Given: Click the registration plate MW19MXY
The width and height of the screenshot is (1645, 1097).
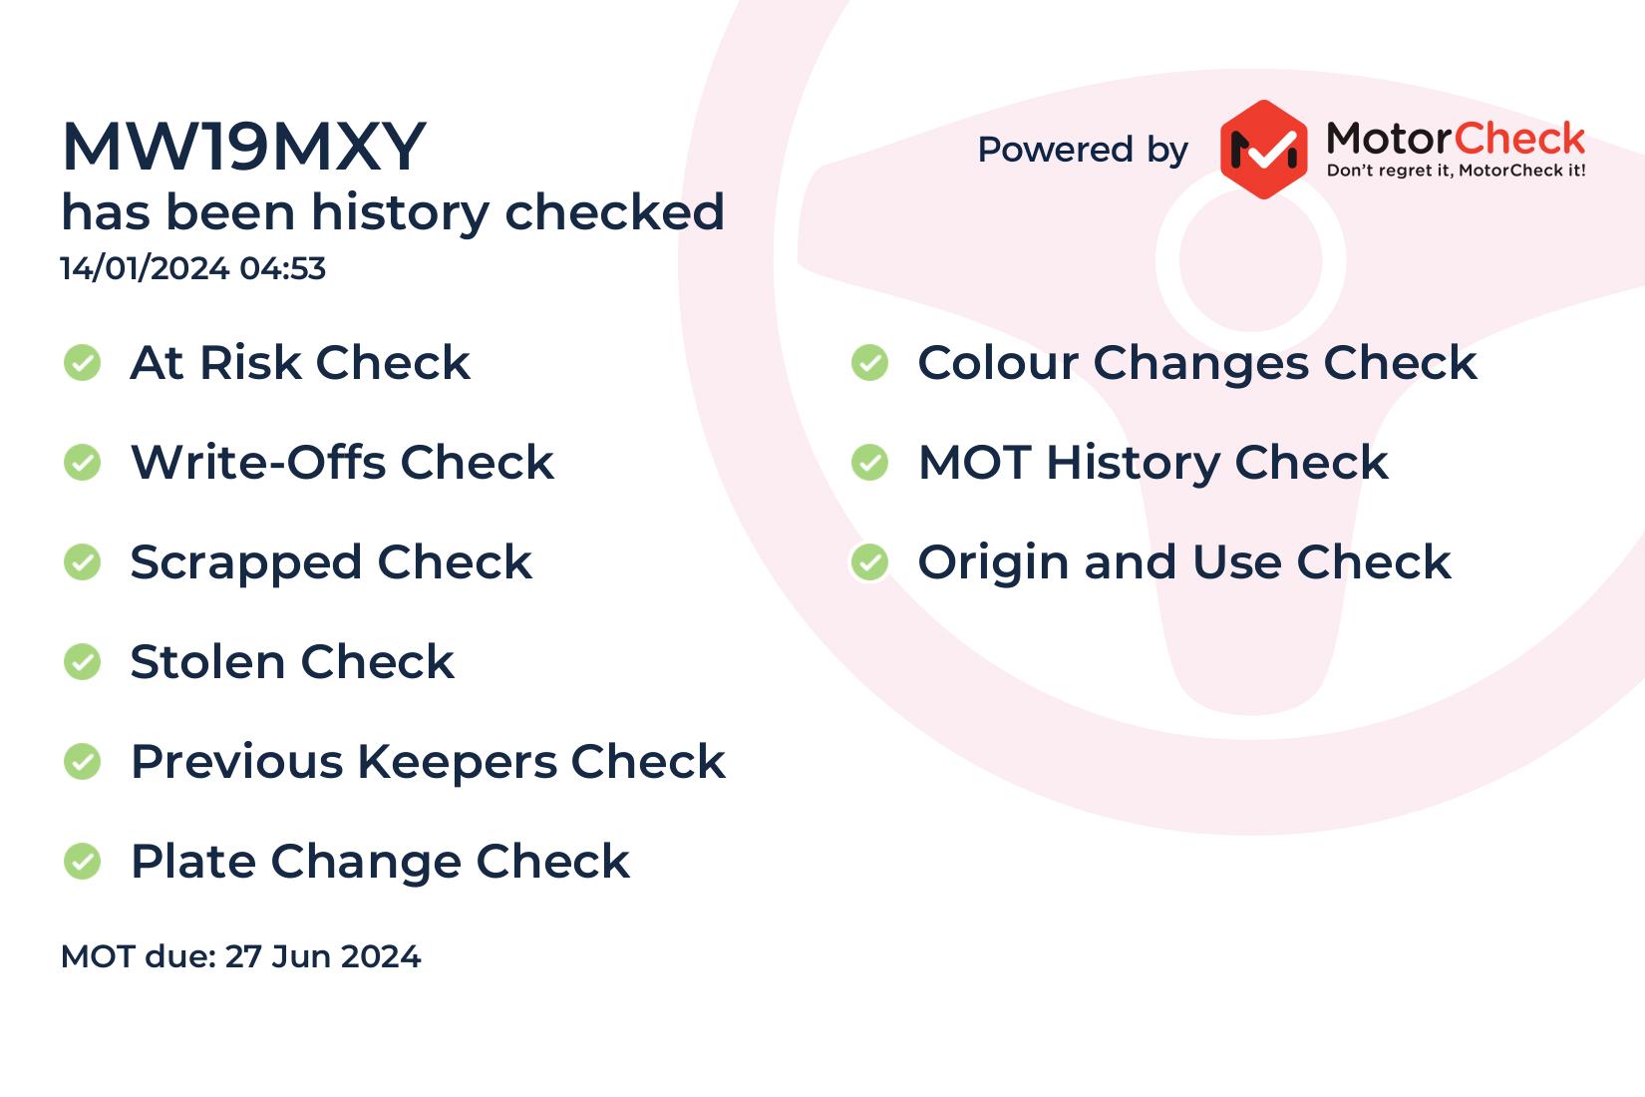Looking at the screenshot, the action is (244, 147).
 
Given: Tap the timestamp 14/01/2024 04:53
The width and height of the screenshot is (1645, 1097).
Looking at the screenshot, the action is (192, 268).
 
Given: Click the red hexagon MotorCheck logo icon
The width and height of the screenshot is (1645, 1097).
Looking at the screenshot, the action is (1263, 150).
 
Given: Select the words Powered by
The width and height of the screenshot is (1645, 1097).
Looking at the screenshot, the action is (1083, 150).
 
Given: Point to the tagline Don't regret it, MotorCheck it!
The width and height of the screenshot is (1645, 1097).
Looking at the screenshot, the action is (1456, 171).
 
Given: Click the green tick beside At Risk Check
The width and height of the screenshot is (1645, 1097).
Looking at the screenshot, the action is (82, 363).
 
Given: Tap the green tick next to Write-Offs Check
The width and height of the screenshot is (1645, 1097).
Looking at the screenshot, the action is (82, 463).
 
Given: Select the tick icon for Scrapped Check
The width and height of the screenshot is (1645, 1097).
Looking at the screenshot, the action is (82, 562).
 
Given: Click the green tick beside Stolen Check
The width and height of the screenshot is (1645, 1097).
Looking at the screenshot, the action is (82, 662).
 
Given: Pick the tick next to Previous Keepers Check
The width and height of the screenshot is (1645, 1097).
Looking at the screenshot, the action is (82, 761).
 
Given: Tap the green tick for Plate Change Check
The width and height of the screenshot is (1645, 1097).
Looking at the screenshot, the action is (82, 861).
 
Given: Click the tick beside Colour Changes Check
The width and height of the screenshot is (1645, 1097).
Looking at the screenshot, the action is (870, 363).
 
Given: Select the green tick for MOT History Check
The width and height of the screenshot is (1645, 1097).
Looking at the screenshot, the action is (870, 463).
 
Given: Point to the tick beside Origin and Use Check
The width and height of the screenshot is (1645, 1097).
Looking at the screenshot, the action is (870, 562).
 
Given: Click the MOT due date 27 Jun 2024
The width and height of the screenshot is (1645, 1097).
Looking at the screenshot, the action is (322, 956).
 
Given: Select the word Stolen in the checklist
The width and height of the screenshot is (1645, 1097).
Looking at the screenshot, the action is (207, 662).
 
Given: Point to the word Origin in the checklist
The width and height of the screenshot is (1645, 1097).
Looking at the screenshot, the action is (994, 563).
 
